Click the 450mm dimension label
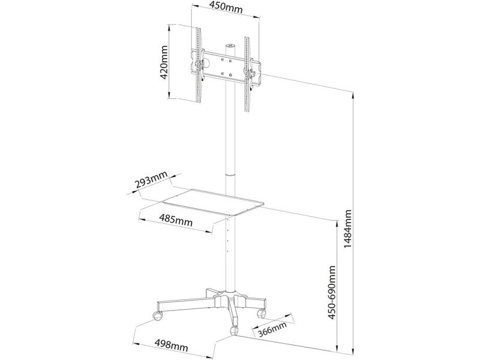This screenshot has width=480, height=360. pyautogui.click(x=225, y=7)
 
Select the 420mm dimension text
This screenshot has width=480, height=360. pyautogui.click(x=164, y=62)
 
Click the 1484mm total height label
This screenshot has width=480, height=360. pyautogui.click(x=347, y=229)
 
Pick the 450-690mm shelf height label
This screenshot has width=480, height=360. pyautogui.click(x=332, y=292)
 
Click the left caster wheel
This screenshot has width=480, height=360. pyautogui.click(x=158, y=316)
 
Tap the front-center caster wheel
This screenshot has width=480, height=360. pyautogui.click(x=234, y=331)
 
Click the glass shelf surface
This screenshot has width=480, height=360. pyautogui.click(x=214, y=202)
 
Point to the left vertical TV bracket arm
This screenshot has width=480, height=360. pyautogui.click(x=199, y=65)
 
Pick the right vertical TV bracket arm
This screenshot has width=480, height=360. pyautogui.click(x=247, y=74)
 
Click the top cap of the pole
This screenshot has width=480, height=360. pyautogui.click(x=230, y=46)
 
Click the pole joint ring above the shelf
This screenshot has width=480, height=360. pyautogui.click(x=230, y=175)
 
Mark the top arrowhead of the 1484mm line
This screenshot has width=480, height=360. pyautogui.click(x=353, y=95)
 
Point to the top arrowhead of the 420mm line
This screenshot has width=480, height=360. pyautogui.click(x=169, y=28)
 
